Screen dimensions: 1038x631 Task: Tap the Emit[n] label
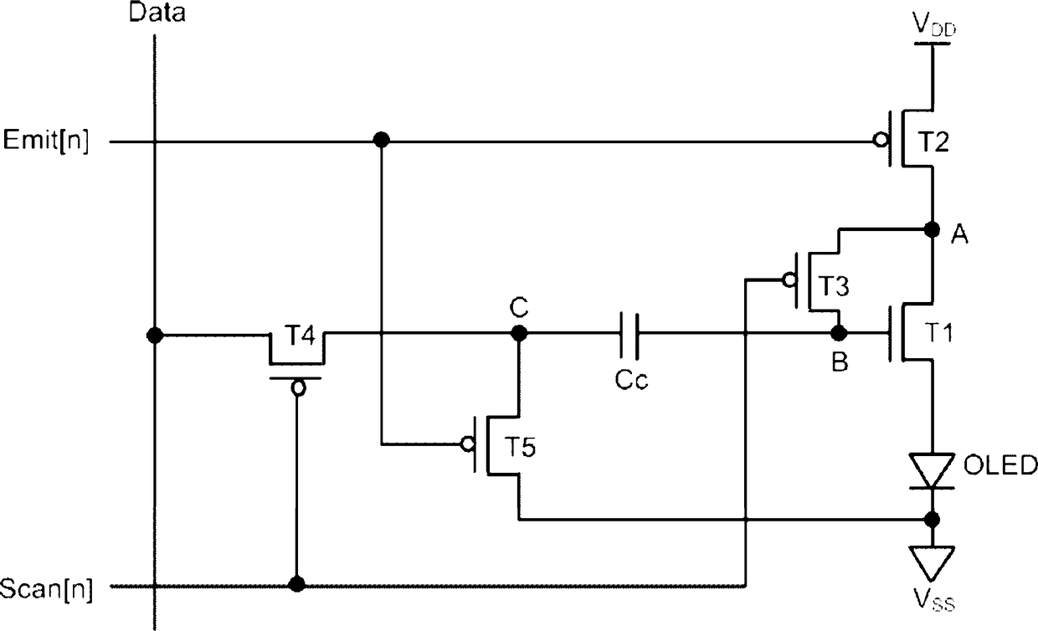pyautogui.click(x=45, y=140)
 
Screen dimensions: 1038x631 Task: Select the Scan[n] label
pyautogui.click(x=46, y=589)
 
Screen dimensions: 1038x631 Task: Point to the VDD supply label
pyautogui.click(x=933, y=24)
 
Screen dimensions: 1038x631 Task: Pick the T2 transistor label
pyautogui.click(x=933, y=141)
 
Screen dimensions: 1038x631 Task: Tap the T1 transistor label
pyautogui.click(x=938, y=332)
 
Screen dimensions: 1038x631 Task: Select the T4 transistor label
pyautogui.click(x=300, y=335)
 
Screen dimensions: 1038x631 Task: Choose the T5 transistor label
pyautogui.click(x=520, y=447)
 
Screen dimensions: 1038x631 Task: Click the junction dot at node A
pyautogui.click(x=932, y=228)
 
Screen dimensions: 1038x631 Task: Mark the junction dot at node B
pyautogui.click(x=839, y=332)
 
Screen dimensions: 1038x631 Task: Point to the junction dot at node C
pyautogui.click(x=519, y=332)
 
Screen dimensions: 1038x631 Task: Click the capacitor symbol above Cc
pyautogui.click(x=629, y=336)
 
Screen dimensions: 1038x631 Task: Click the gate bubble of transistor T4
pyautogui.click(x=299, y=388)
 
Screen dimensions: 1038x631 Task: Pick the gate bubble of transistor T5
pyautogui.click(x=468, y=444)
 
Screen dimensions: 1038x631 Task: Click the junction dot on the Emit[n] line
pyautogui.click(x=382, y=140)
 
